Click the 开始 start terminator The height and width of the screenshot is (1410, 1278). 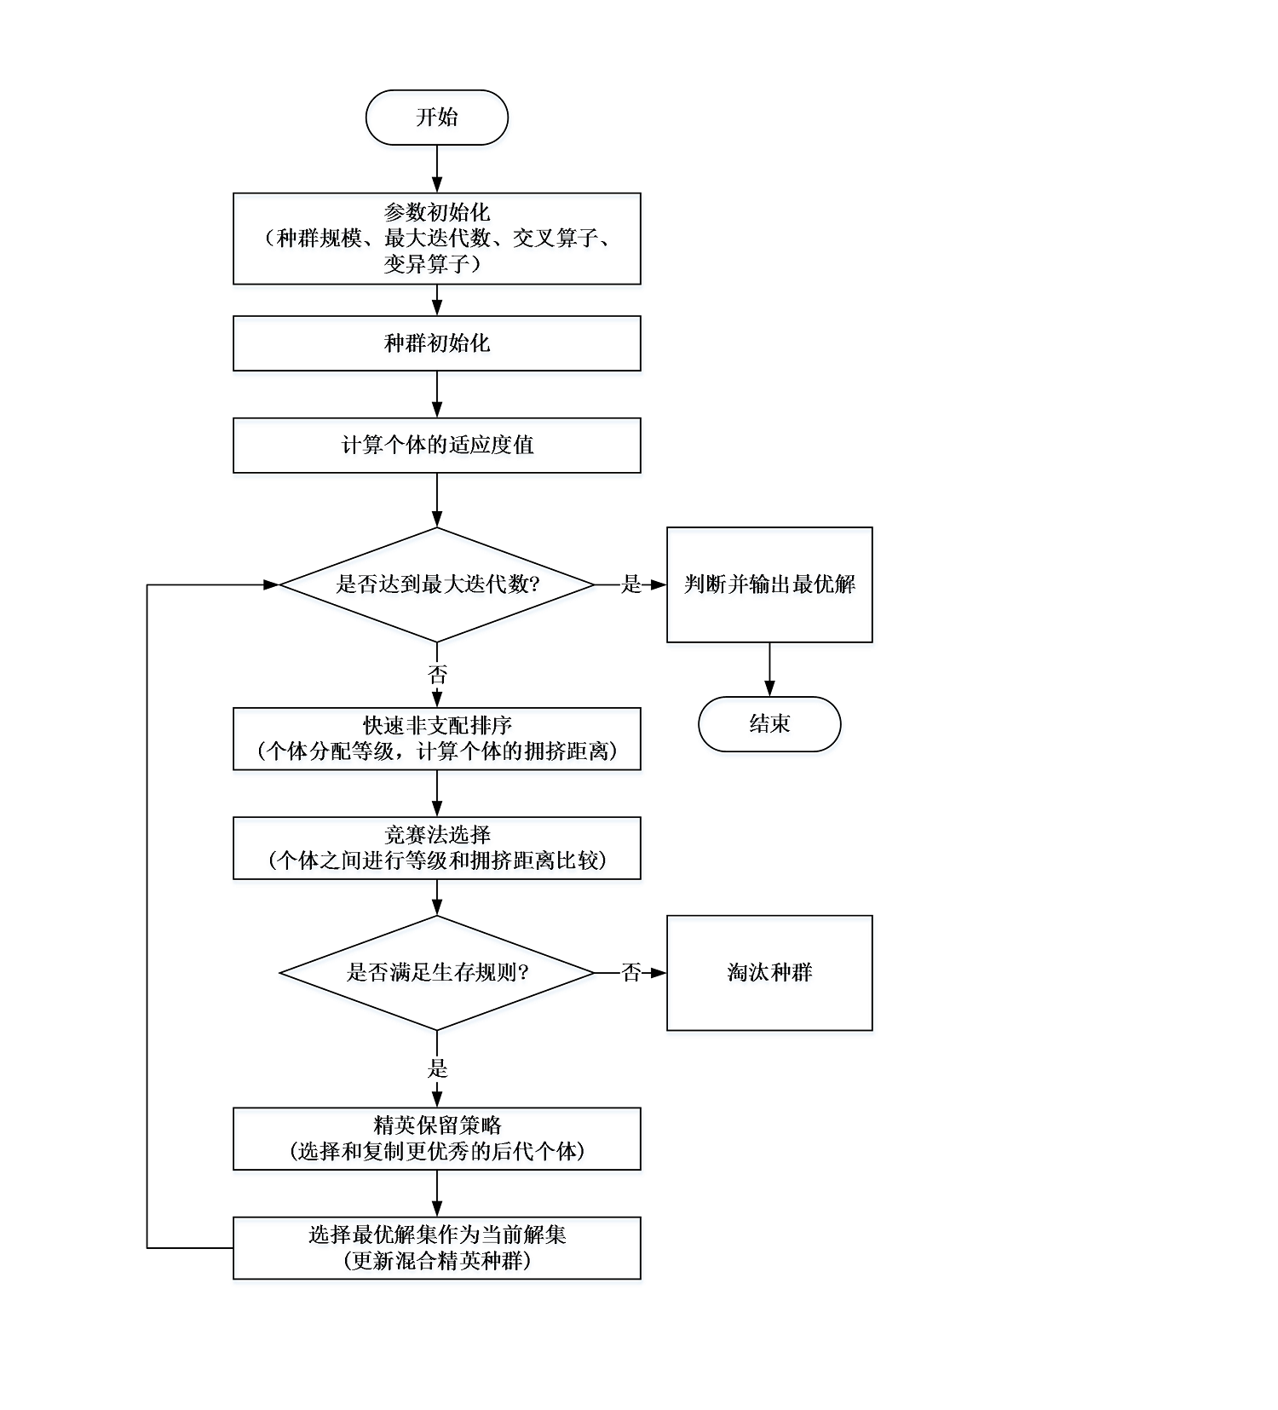point(437,118)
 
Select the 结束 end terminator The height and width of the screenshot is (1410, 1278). point(769,724)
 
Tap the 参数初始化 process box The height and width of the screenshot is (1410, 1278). point(437,239)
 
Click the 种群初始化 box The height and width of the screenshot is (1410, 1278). point(437,343)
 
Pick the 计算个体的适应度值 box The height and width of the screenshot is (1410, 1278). point(437,446)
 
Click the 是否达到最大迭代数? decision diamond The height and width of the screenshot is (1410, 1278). point(437,584)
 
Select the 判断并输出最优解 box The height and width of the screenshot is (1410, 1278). point(769,584)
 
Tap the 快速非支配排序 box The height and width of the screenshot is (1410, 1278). point(437,739)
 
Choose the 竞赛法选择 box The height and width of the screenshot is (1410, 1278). point(437,848)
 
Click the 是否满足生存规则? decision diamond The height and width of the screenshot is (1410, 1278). point(437,973)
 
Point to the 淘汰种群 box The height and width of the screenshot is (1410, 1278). point(769,973)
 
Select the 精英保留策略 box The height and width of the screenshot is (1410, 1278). point(437,1139)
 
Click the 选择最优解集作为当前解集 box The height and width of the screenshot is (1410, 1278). point(437,1248)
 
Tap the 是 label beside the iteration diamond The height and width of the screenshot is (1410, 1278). point(631,584)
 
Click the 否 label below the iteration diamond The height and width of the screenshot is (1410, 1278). point(437,676)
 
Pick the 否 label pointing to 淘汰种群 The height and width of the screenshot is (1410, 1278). point(631,973)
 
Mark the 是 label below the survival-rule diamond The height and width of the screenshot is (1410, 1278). point(437,1068)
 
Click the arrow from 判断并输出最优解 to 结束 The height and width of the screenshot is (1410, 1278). point(769,670)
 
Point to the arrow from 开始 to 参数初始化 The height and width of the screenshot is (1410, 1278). point(437,169)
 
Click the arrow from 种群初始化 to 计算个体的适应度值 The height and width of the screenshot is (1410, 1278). point(437,394)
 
